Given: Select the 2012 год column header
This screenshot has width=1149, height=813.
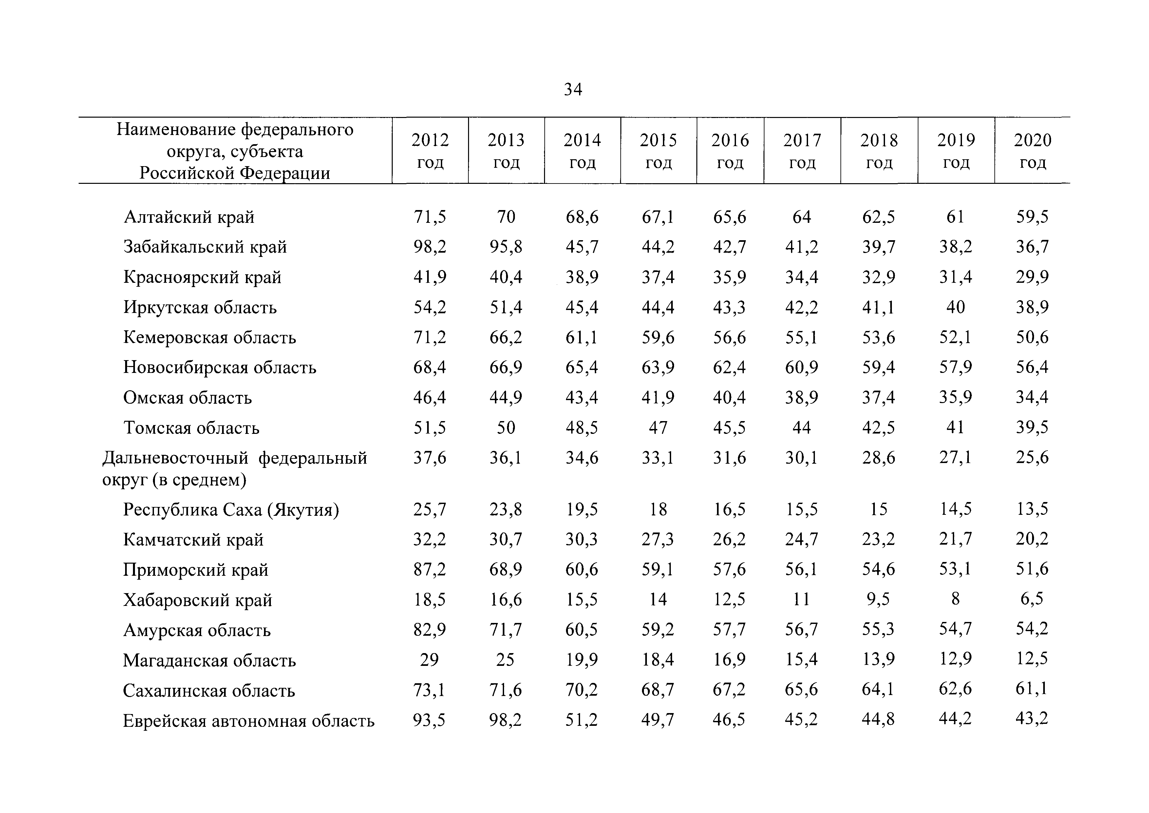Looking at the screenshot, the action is pyautogui.click(x=430, y=151).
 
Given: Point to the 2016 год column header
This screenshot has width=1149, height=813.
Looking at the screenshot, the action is pyautogui.click(x=730, y=151).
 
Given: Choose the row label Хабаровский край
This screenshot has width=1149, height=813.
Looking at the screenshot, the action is pyautogui.click(x=198, y=600).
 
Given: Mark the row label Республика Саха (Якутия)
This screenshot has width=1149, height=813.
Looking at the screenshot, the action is pyautogui.click(x=231, y=510).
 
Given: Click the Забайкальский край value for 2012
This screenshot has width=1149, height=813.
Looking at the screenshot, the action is pyautogui.click(x=430, y=247).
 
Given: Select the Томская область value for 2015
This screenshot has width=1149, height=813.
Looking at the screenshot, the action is pyautogui.click(x=658, y=428).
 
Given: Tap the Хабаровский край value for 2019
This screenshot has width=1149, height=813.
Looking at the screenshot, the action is pyautogui.click(x=955, y=599).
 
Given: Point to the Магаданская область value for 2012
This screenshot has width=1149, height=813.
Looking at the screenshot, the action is pyautogui.click(x=429, y=659).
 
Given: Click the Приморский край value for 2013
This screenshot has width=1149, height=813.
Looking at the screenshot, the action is pyautogui.click(x=506, y=569).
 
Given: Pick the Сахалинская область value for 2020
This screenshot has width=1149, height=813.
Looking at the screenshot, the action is pyautogui.click(x=1032, y=689).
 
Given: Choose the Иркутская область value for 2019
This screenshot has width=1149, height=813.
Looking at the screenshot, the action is pyautogui.click(x=955, y=307).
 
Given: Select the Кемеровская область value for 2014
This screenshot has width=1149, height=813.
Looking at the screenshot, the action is pyautogui.click(x=582, y=338).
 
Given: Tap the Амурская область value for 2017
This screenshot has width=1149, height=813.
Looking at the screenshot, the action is pyautogui.click(x=802, y=629).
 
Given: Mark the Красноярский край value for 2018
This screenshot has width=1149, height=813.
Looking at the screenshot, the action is pyautogui.click(x=879, y=277).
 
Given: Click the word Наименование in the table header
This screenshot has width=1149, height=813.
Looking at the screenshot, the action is pyautogui.click(x=176, y=130).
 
